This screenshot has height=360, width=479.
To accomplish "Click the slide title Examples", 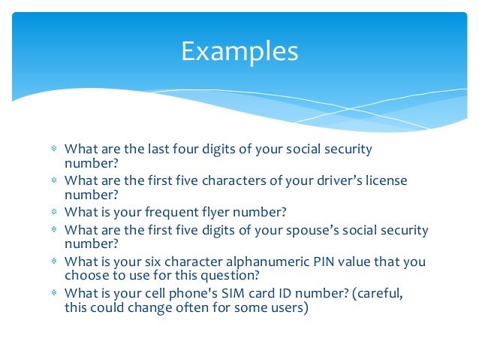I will click(x=239, y=51).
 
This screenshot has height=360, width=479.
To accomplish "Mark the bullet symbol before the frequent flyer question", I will click(x=54, y=213).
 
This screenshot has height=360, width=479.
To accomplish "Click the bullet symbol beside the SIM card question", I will click(x=54, y=295).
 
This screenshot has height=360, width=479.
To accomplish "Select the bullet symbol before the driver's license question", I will click(x=54, y=181).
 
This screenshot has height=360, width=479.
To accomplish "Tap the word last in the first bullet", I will click(x=157, y=149).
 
